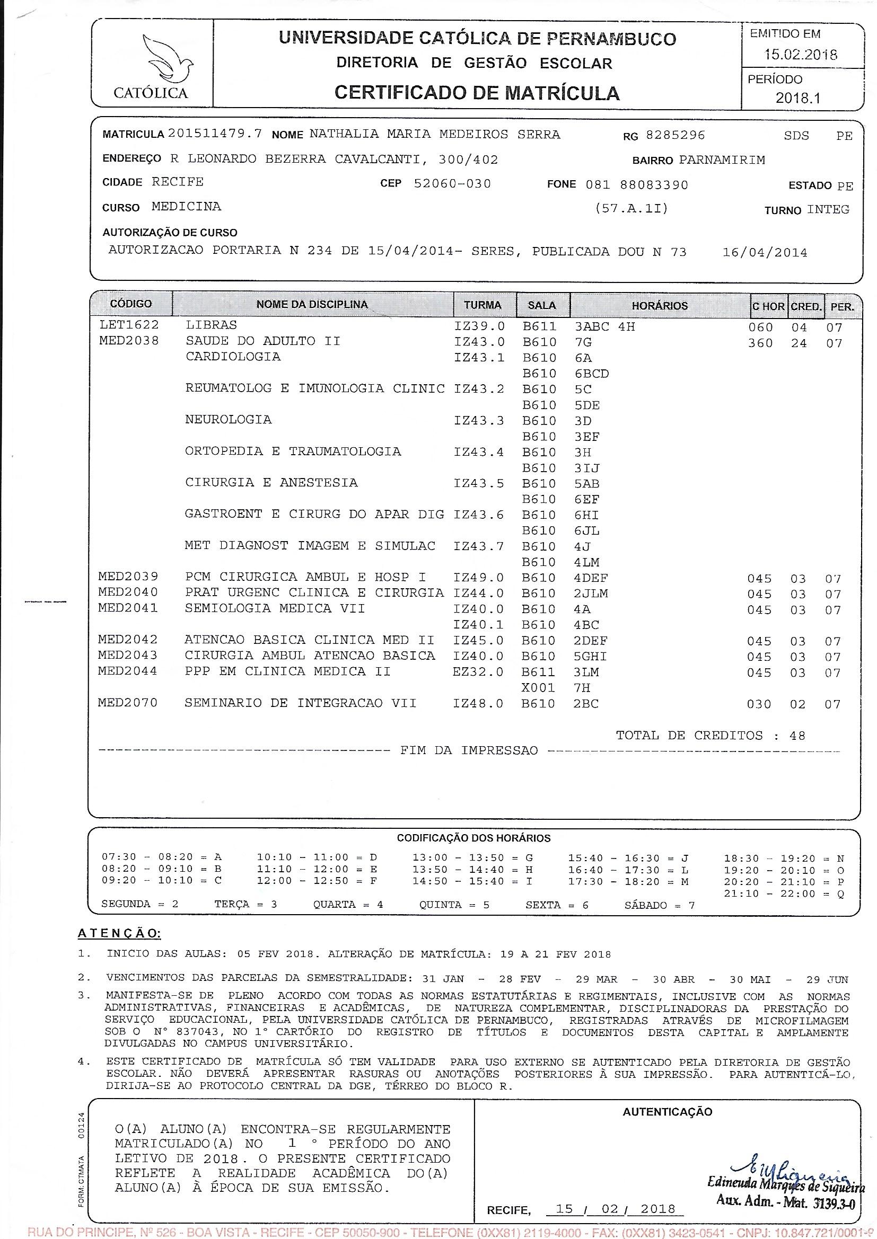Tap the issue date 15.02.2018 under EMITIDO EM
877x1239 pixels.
(x=800, y=55)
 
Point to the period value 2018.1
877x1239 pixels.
(x=797, y=98)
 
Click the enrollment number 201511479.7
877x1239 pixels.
(x=215, y=134)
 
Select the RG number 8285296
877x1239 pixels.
(x=675, y=135)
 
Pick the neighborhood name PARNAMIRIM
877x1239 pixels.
(x=722, y=160)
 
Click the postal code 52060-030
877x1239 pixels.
(x=452, y=183)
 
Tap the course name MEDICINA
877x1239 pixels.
(x=186, y=206)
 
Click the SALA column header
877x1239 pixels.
(x=542, y=305)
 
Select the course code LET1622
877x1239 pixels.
(x=129, y=325)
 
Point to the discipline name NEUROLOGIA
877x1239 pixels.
(x=229, y=420)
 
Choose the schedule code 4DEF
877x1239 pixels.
(x=591, y=578)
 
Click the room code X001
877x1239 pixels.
(x=538, y=688)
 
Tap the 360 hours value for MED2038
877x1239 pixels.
(x=760, y=343)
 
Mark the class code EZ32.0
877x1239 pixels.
(x=478, y=672)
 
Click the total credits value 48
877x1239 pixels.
(x=797, y=736)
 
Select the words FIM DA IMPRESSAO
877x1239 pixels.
(x=469, y=750)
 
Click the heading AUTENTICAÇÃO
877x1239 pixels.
(x=667, y=1112)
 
